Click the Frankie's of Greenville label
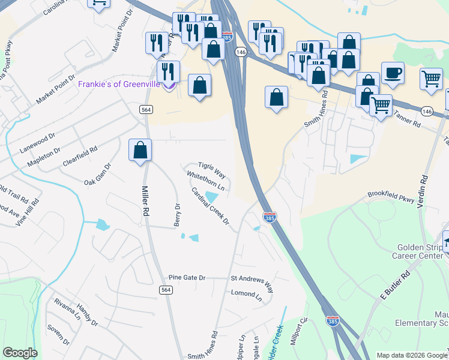(119, 84)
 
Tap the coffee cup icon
(392, 73)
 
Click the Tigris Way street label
(212, 170)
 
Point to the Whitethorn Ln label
(206, 182)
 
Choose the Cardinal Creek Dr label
(210, 206)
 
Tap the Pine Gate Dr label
(187, 278)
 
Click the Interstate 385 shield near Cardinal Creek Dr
(270, 217)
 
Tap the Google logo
(20, 353)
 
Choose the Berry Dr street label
(177, 214)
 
